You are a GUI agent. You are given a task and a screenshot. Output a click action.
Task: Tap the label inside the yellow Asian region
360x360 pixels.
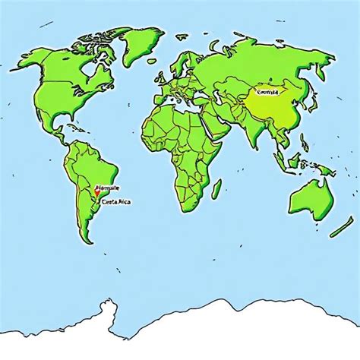pyautogui.click(x=268, y=92)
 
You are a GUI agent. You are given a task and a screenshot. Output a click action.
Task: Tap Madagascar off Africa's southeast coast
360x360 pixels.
pyautogui.click(x=216, y=188)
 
